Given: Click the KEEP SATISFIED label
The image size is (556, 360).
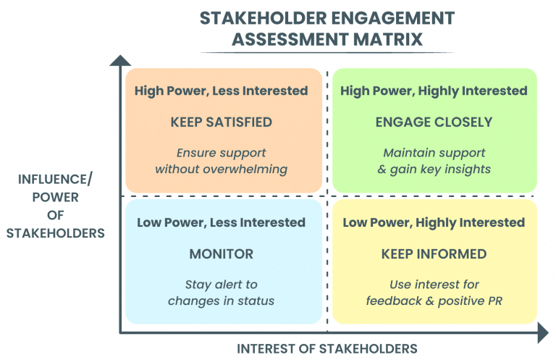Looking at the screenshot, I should pyautogui.click(x=222, y=122).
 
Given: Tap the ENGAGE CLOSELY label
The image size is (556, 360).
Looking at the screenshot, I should pyautogui.click(x=434, y=122).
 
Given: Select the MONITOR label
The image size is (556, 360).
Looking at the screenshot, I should pyautogui.click(x=222, y=254).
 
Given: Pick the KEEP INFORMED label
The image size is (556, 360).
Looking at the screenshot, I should pyautogui.click(x=434, y=254).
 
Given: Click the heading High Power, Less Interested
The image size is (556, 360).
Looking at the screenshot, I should pyautogui.click(x=222, y=91).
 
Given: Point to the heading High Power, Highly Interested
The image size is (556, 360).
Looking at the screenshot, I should pyautogui.click(x=434, y=91).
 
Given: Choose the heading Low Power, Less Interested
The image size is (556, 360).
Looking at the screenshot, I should pyautogui.click(x=222, y=222).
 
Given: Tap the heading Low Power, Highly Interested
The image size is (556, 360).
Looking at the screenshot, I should pyautogui.click(x=434, y=222).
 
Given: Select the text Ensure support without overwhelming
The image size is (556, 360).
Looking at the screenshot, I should pyautogui.click(x=222, y=161).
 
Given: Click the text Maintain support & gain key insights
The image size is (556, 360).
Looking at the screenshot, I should pyautogui.click(x=434, y=161).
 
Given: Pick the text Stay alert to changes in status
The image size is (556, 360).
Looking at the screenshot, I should pyautogui.click(x=222, y=293).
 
